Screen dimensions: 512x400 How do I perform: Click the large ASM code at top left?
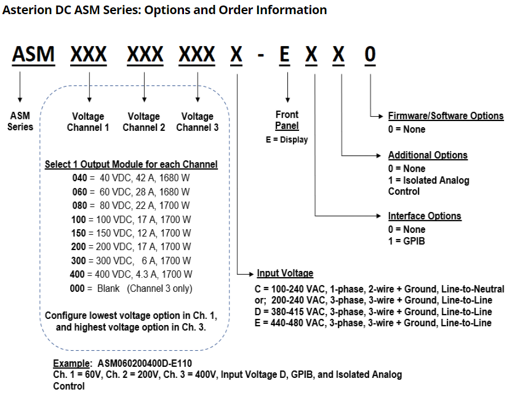33,54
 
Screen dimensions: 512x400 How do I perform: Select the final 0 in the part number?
370,54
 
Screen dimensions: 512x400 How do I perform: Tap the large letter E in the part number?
285,54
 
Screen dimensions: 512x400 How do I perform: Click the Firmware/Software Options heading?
446,116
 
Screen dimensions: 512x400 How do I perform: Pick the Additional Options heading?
428,155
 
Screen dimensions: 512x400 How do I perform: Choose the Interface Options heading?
425,216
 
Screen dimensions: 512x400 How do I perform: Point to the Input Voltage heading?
285,273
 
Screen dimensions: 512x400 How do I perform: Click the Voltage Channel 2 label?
143,122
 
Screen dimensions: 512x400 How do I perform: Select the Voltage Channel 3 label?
197,122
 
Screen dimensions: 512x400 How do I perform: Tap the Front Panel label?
287,120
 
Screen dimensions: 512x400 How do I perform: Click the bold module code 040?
79,178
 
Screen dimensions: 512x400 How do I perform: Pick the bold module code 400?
77,274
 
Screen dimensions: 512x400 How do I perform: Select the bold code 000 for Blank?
77,289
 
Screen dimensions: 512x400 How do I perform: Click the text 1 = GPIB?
407,241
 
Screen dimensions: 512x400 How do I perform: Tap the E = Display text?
287,139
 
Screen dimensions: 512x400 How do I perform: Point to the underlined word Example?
71,363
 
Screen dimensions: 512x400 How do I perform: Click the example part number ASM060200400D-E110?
145,363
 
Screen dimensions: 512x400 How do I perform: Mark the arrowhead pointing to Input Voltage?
251,274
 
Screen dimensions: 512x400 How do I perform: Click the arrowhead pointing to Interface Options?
379,216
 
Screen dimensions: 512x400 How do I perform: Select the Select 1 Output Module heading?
131,164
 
